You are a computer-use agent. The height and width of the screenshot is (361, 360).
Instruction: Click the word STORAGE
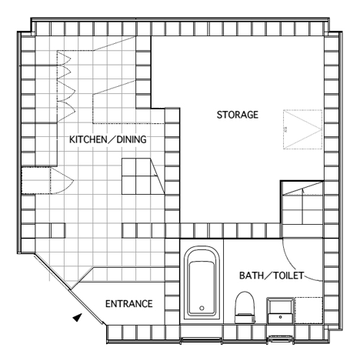238,115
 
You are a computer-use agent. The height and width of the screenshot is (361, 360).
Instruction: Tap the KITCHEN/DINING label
108,139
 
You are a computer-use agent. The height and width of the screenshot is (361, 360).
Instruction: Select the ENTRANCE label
129,304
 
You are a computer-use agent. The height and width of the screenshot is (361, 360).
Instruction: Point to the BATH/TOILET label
272,276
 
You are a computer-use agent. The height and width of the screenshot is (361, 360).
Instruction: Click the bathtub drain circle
202,308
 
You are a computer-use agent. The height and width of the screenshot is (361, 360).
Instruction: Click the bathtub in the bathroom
202,282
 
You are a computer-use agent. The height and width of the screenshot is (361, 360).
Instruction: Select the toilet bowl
245,303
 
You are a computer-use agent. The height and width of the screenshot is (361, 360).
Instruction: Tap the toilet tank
245,318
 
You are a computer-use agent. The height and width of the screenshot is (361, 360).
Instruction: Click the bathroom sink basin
281,311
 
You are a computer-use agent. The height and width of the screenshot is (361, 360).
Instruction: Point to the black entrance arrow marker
78,317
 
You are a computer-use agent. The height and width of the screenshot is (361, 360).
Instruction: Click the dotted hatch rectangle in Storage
302,129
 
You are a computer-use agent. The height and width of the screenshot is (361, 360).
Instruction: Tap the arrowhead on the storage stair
303,190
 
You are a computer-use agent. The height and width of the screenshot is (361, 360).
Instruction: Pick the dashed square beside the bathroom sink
308,310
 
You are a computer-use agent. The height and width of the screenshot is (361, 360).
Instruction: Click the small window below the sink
280,339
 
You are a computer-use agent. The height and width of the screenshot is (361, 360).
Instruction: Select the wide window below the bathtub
202,341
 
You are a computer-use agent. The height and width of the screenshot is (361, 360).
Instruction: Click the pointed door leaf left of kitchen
62,181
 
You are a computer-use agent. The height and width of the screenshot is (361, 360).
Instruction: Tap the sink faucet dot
281,317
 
